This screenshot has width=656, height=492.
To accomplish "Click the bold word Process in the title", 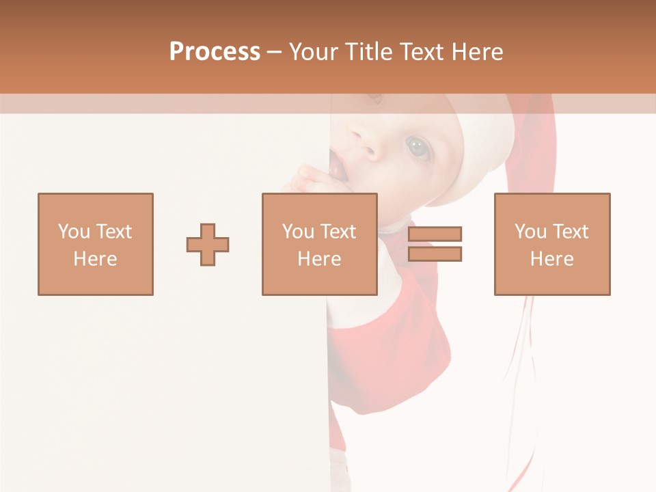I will [215, 52].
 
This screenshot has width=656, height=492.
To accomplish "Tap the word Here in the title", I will [477, 52].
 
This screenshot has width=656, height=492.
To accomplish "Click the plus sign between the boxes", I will [208, 244].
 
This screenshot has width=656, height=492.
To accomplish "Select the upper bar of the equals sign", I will [435, 234].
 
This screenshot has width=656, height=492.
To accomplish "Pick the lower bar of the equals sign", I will [435, 254].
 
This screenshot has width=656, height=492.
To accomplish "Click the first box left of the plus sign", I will [96, 244].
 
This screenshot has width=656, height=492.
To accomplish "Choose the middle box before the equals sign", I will [319, 244].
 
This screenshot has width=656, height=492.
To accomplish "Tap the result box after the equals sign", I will [552, 244].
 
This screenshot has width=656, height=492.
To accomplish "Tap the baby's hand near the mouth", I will [314, 181].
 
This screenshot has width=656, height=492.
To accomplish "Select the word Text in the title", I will [422, 52].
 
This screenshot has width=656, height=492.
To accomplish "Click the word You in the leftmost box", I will [74, 232].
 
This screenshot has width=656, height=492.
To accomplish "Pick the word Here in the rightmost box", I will [552, 259].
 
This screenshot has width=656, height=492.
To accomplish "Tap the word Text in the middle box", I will [338, 232].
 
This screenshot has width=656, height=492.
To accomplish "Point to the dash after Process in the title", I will [275, 52].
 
